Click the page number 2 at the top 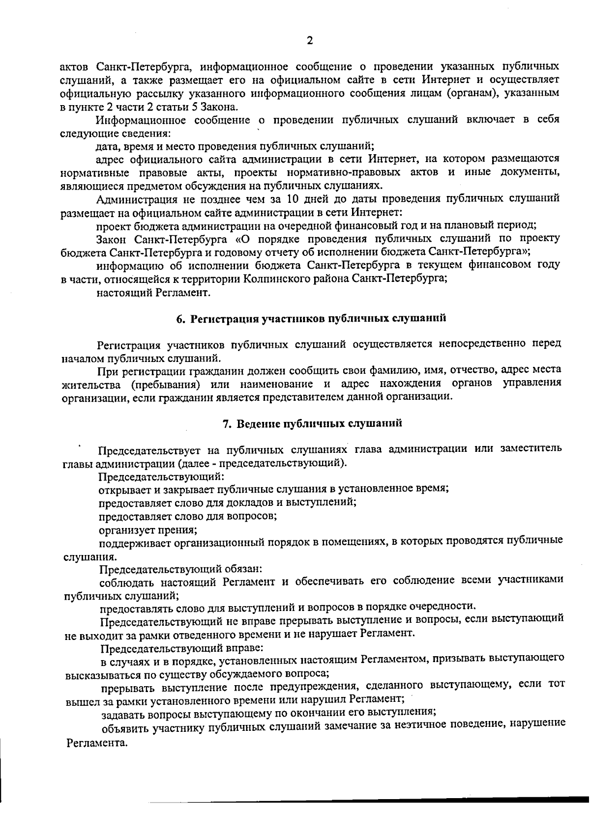point(309,41)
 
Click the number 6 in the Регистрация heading point(179,319)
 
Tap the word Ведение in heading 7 point(255,423)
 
